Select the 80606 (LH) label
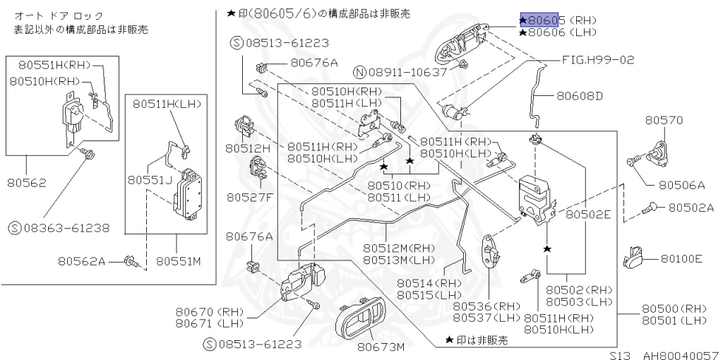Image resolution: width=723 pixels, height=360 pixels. pyautogui.click(x=558, y=32)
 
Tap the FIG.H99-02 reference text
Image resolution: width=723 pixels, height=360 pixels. pyautogui.click(x=598, y=60)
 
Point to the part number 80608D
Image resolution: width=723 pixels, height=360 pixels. pyautogui.click(x=580, y=95)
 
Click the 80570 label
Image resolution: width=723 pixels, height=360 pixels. pyautogui.click(x=664, y=120)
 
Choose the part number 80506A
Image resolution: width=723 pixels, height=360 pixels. pyautogui.click(x=682, y=185)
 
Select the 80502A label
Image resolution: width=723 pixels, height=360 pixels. pyautogui.click(x=691, y=208)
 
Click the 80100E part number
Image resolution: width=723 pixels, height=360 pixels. pyautogui.click(x=681, y=259)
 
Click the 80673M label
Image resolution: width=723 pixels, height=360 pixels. pyautogui.click(x=381, y=347)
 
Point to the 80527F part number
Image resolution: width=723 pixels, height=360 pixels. pyautogui.click(x=249, y=197)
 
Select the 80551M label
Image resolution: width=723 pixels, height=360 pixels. pyautogui.click(x=179, y=261)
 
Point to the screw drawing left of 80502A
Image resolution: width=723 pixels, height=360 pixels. pyautogui.click(x=650, y=208)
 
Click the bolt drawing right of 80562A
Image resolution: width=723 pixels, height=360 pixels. pyautogui.click(x=130, y=262)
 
